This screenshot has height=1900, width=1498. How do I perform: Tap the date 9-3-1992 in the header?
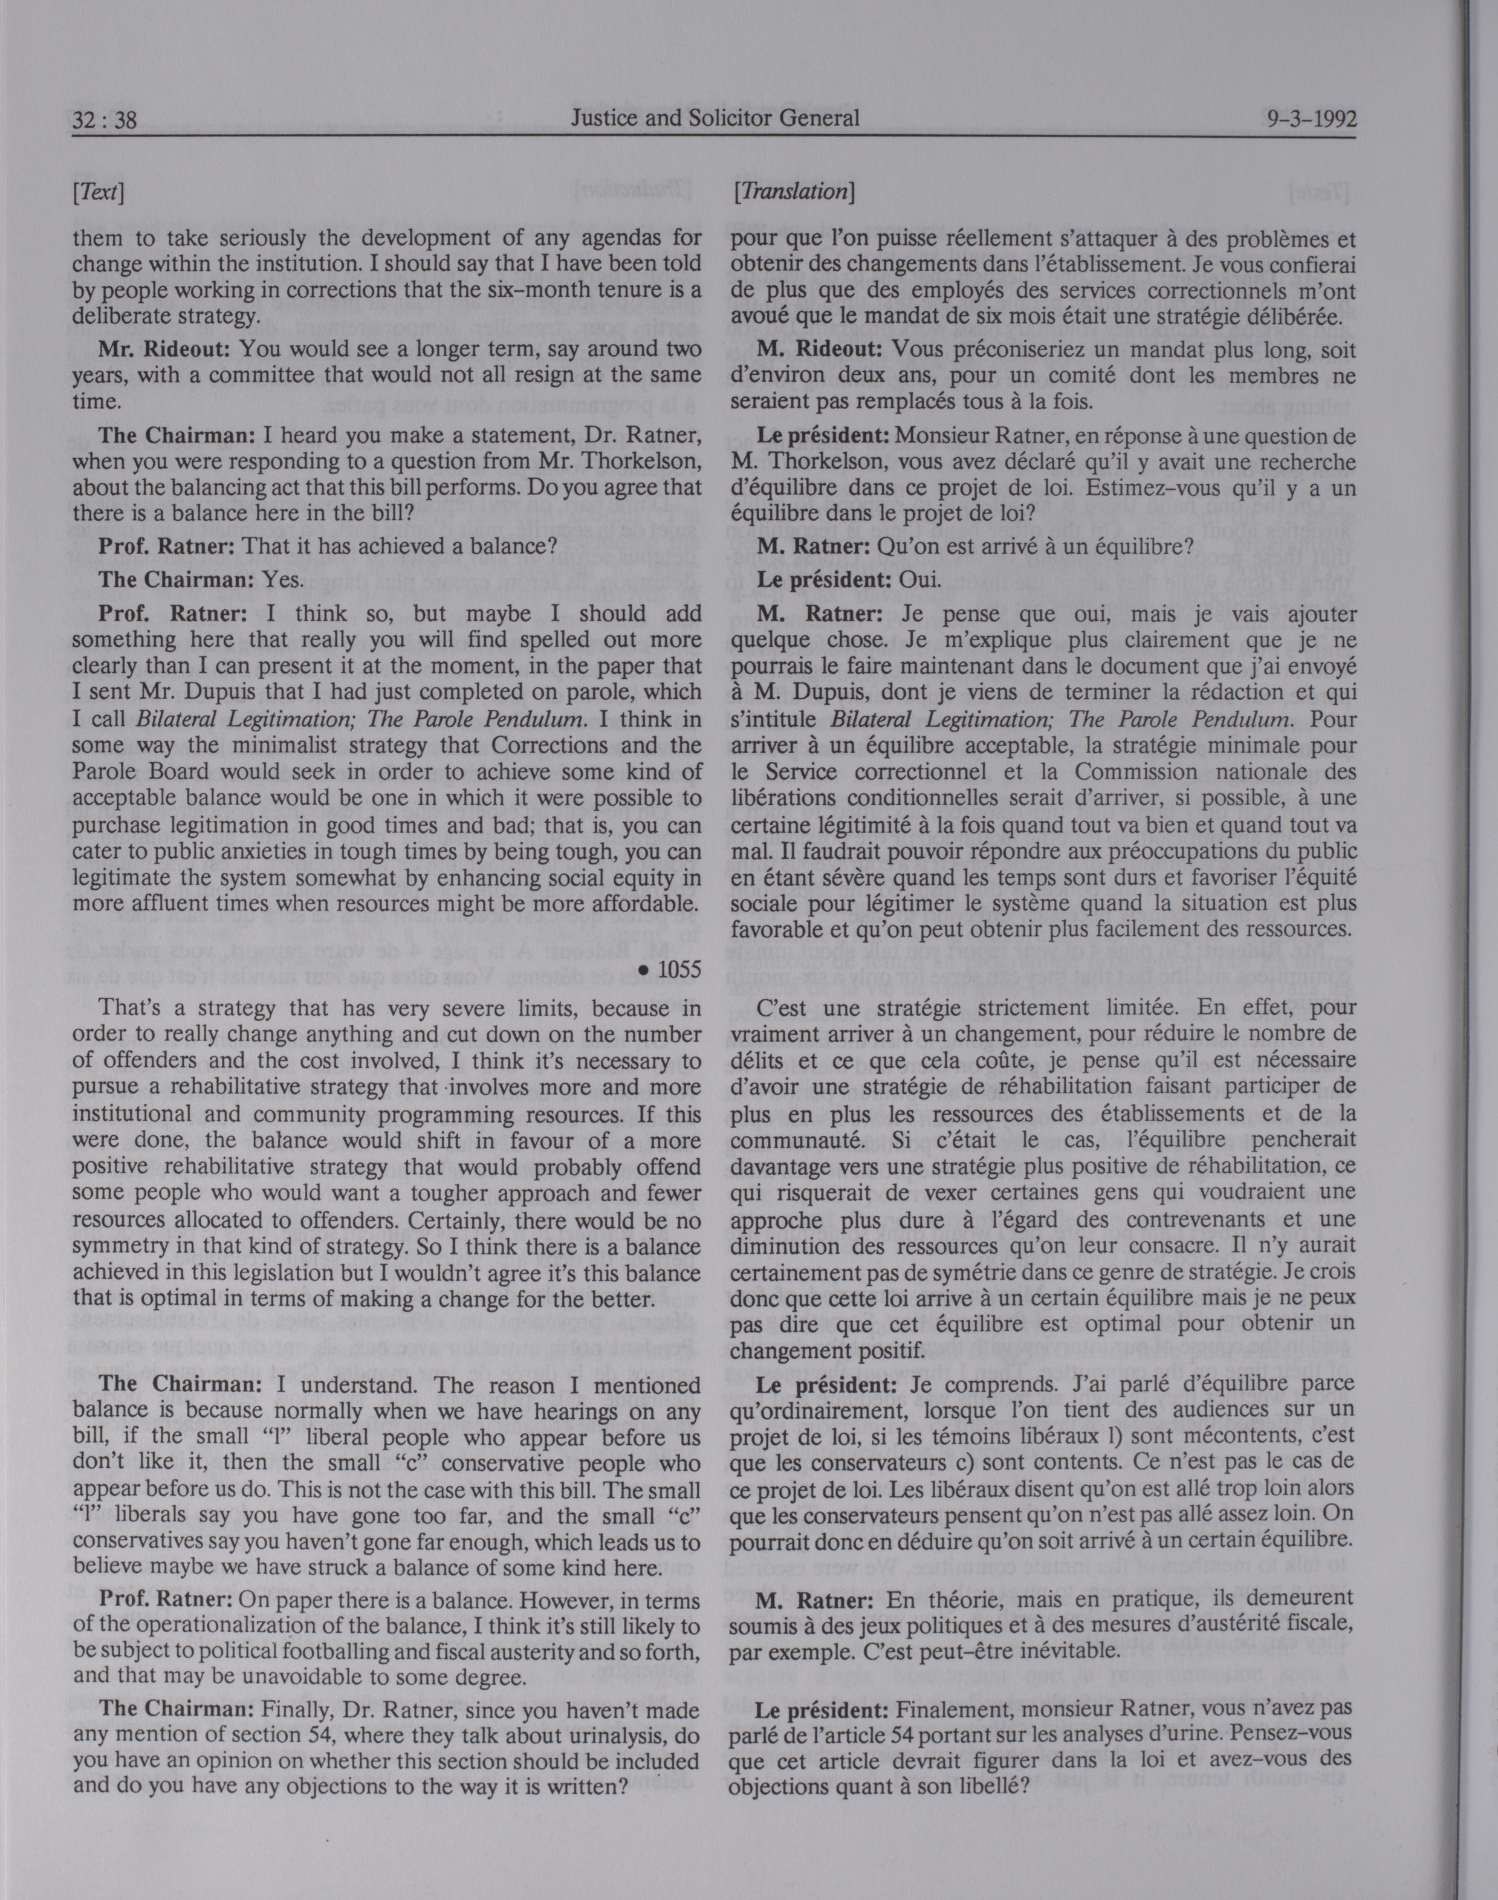coord(1311,119)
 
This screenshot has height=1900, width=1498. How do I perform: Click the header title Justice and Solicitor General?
coord(715,117)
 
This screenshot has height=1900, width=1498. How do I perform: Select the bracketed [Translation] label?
coord(793,191)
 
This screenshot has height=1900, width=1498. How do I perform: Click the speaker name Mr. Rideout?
coord(164,348)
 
